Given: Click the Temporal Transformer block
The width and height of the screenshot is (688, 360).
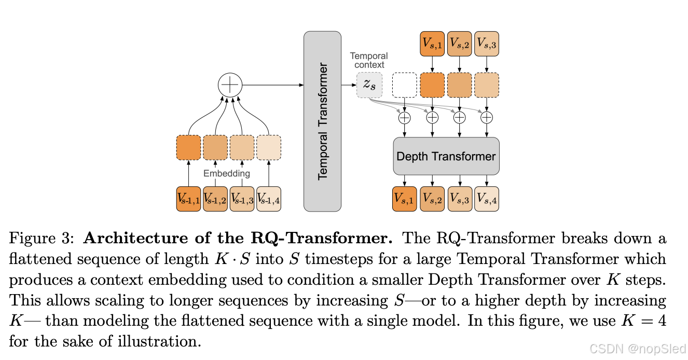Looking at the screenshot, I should [x=322, y=121].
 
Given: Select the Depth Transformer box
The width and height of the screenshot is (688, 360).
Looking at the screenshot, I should [x=446, y=156].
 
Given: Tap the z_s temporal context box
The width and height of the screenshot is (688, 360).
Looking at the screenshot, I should [x=369, y=85].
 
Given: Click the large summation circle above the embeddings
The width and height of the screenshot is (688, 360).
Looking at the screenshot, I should [x=230, y=85].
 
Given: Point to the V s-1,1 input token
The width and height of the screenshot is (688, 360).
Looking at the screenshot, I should [x=188, y=199].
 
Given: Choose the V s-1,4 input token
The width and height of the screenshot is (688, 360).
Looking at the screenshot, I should [x=269, y=199].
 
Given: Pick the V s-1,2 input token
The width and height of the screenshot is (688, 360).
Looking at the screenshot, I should [x=215, y=199].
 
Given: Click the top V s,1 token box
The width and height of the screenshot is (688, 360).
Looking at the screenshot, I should [x=432, y=44].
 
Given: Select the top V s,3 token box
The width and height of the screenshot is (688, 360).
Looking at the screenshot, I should [x=487, y=44].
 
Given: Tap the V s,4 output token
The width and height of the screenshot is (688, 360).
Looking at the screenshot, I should [x=487, y=199].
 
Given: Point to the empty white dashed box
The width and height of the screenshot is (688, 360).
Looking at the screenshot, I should [x=405, y=85].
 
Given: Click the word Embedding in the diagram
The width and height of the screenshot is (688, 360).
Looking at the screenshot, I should [x=227, y=173].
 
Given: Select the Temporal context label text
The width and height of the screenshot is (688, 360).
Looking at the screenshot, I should [x=368, y=60].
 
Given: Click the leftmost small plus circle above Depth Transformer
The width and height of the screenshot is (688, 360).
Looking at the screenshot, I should [x=404, y=118].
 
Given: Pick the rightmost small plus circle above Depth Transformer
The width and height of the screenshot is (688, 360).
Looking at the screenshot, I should [x=487, y=118].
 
